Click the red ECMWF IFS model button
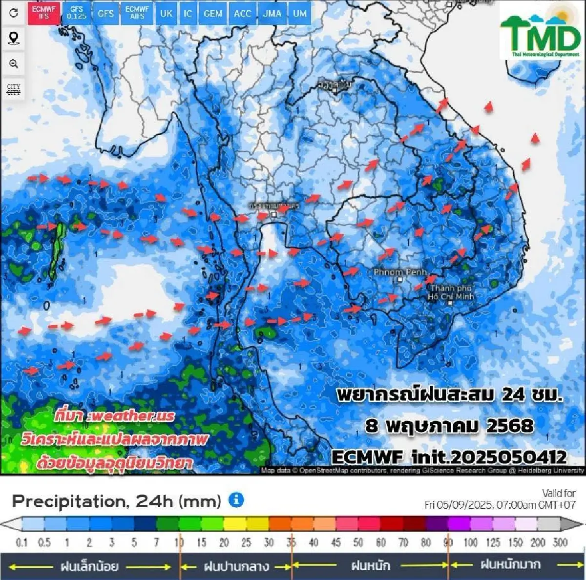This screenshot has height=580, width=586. click(43, 13)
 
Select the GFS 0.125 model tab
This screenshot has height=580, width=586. click(77, 13)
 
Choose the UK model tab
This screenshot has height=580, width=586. click(166, 13)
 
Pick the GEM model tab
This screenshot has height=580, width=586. click(212, 13)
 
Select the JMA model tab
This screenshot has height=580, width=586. click(272, 13)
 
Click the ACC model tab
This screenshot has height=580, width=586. click(242, 13)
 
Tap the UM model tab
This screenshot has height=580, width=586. click(300, 13)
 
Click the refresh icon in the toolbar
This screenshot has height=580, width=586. click(14, 13)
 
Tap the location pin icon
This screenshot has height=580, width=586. click(14, 38)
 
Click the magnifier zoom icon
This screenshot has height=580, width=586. click(14, 63)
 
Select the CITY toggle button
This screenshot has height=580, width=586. click(14, 89)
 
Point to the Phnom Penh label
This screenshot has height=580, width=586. click(400, 272)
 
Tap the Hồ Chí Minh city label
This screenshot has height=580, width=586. click(451, 292)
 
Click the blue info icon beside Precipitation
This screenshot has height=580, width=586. click(236, 500)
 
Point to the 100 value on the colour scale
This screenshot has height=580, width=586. click(470, 542)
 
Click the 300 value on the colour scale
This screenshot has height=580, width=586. click(560, 542)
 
